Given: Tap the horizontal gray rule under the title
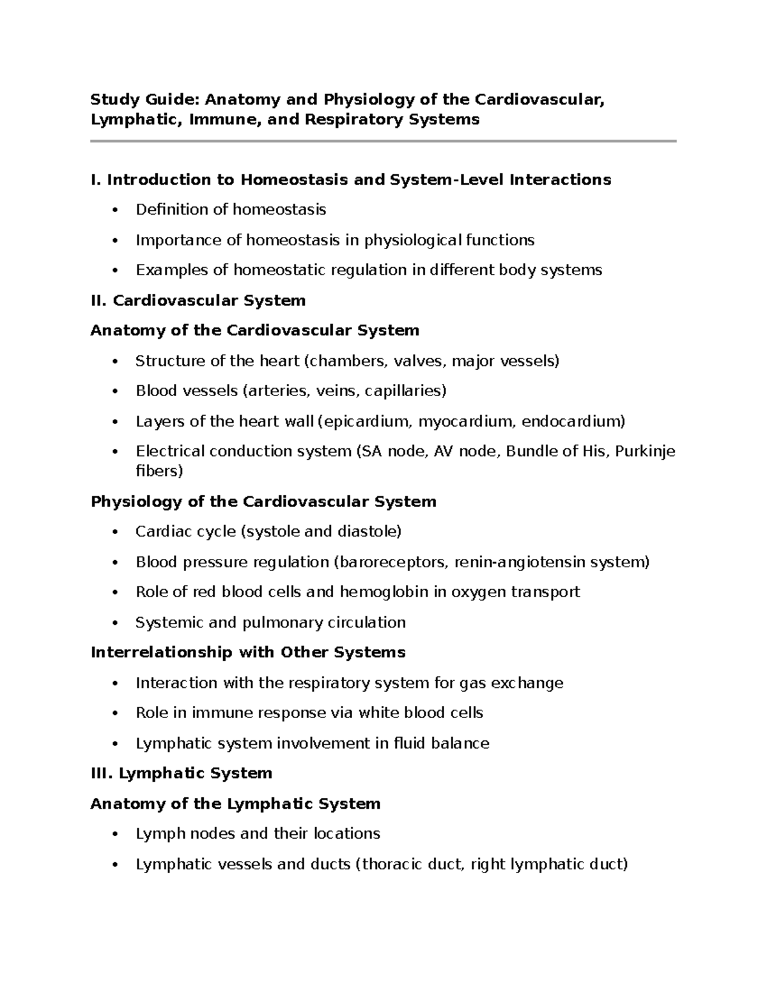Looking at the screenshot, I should pos(383,141).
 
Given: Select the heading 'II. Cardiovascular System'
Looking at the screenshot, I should pos(198,300).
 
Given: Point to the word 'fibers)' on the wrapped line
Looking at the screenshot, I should pos(159,471).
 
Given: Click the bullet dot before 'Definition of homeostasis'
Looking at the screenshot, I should pos(115,210).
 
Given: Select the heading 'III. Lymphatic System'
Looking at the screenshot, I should pos(182,774).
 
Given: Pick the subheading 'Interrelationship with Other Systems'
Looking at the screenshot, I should pos(248,652).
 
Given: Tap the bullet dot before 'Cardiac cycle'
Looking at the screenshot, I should pos(115,532).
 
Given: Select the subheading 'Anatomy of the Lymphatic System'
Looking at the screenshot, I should pos(235,804).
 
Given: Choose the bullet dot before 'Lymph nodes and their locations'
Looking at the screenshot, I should pos(115,834).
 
